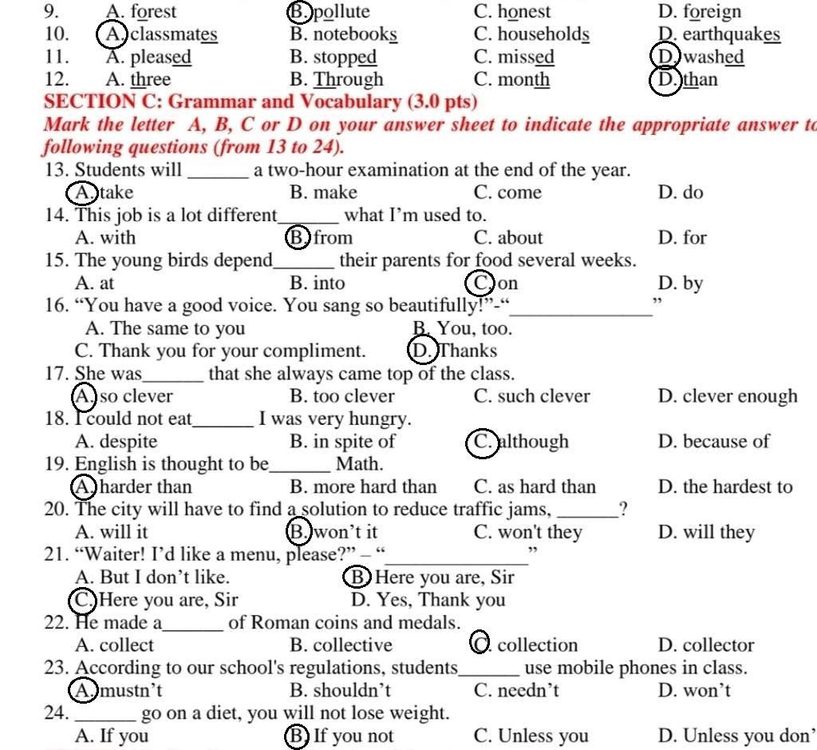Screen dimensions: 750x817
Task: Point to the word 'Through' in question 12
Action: point(348,80)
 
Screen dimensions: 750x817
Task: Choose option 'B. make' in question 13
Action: point(323,192)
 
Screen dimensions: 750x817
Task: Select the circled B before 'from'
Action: point(297,237)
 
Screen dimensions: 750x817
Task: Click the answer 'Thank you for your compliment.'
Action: point(220,351)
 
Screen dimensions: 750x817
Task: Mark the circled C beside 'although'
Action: point(482,442)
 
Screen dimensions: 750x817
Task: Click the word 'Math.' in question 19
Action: point(359,464)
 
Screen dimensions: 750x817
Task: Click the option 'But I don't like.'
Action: point(152,577)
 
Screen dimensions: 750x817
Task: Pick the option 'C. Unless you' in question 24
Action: point(531,736)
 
